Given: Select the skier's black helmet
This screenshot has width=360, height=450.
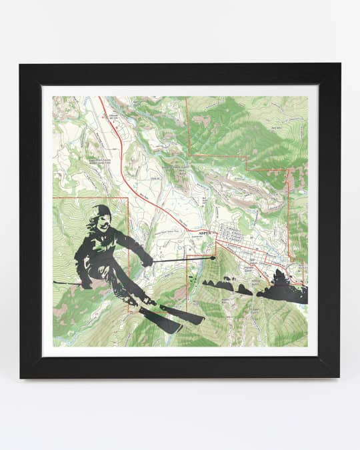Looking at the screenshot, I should click(x=102, y=210).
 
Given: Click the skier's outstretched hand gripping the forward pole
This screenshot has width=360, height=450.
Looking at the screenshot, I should click(x=146, y=261).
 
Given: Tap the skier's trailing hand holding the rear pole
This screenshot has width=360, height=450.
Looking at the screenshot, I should click(x=86, y=283).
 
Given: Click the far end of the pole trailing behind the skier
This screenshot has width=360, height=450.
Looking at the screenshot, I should click(x=55, y=283).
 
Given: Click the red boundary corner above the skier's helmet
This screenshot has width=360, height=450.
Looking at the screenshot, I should click(x=127, y=199).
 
